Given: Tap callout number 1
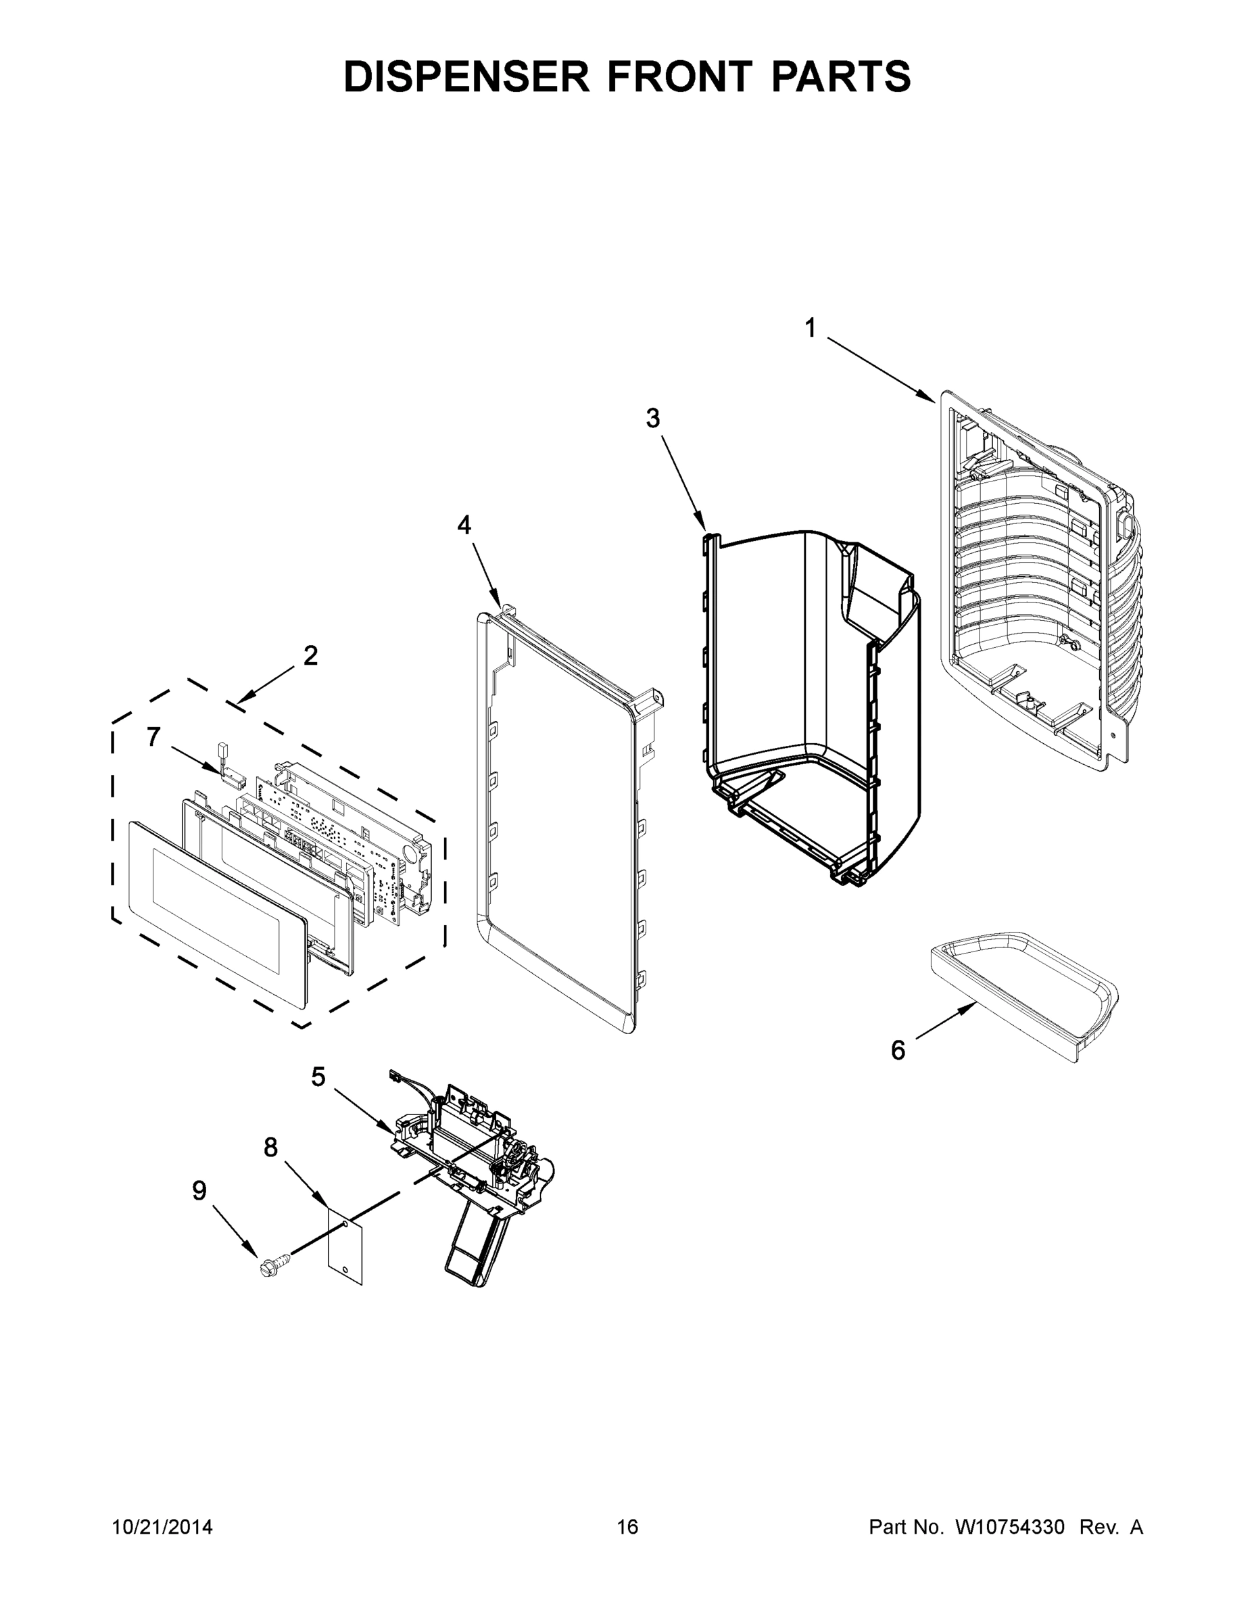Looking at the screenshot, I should (811, 328).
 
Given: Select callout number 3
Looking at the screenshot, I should (652, 419).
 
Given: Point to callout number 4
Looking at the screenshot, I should (464, 525).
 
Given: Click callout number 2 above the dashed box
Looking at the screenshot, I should (310, 655).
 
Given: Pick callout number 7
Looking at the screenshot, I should (153, 737).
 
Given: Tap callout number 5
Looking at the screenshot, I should (318, 1076).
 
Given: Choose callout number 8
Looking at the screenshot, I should (270, 1148).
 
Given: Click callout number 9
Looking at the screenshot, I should (199, 1190).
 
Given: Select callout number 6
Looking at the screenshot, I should (898, 1051).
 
